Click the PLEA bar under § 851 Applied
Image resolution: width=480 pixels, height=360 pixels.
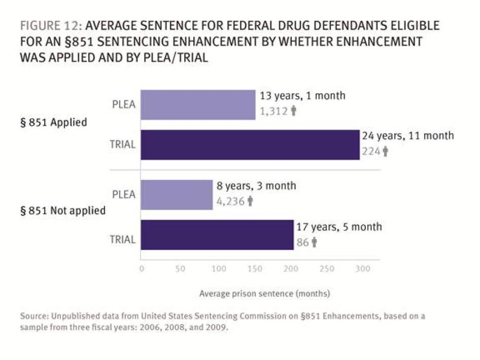tap(198, 105)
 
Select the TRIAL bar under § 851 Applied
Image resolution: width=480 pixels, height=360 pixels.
tap(250, 145)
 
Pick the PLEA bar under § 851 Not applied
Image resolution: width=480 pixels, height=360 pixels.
tap(177, 195)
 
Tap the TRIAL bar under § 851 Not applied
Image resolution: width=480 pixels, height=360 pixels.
tap(217, 235)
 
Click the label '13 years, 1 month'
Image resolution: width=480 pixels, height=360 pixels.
tap(303, 96)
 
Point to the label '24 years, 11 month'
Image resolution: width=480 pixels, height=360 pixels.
tap(407, 136)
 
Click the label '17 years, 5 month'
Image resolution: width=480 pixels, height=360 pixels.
tap(339, 227)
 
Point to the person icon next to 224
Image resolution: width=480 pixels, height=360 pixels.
tap(386, 151)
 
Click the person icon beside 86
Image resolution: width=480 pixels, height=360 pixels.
tap(315, 242)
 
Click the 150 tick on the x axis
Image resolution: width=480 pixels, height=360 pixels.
tap(255, 269)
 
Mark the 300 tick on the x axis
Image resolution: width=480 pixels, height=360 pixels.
tap(363, 269)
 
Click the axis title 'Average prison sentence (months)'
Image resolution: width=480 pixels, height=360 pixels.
tap(265, 293)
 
